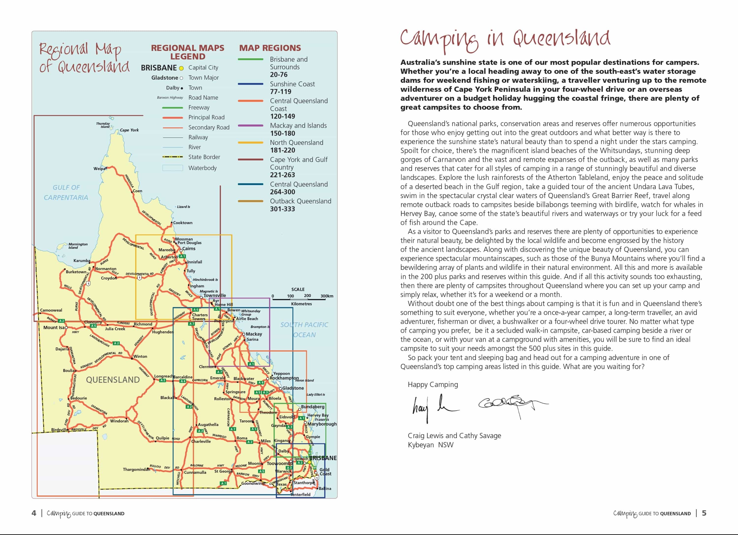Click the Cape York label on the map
[x=129, y=130]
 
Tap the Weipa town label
[x=99, y=169]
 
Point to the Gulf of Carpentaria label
[x=66, y=192]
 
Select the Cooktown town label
[x=183, y=223]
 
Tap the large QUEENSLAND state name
[x=113, y=380]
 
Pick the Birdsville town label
[x=60, y=430]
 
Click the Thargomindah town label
[x=136, y=470]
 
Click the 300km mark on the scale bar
[x=327, y=296]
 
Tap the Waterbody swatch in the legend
[x=172, y=168]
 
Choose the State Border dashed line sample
[x=172, y=157]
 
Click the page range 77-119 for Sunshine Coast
[x=280, y=92]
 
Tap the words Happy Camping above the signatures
[x=432, y=385]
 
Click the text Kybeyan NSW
[x=430, y=445]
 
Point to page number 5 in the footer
[x=704, y=513]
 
